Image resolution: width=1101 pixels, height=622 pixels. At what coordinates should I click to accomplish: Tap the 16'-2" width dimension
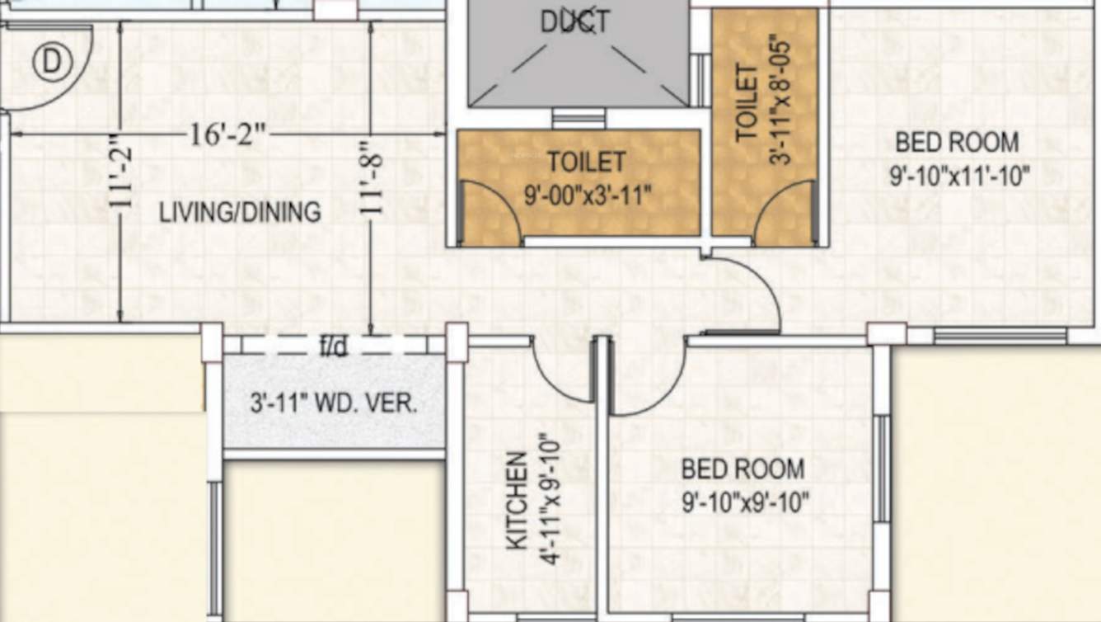coord(227,134)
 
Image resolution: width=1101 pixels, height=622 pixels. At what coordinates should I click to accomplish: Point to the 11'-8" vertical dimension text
coord(372,181)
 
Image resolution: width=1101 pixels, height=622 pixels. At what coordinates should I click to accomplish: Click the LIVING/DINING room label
coord(240,212)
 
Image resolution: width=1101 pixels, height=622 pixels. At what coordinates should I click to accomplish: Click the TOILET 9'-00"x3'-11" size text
coord(588,196)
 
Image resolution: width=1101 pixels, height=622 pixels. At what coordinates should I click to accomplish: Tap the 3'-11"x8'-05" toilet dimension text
coord(780,99)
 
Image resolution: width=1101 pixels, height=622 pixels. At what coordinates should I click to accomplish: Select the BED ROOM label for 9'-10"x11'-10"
coord(957,142)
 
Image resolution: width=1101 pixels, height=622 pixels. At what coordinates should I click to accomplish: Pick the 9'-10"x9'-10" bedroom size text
coord(745,502)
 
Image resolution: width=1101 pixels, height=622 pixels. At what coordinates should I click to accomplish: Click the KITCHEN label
coord(516,500)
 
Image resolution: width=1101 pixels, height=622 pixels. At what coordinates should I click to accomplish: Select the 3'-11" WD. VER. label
coord(334,404)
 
